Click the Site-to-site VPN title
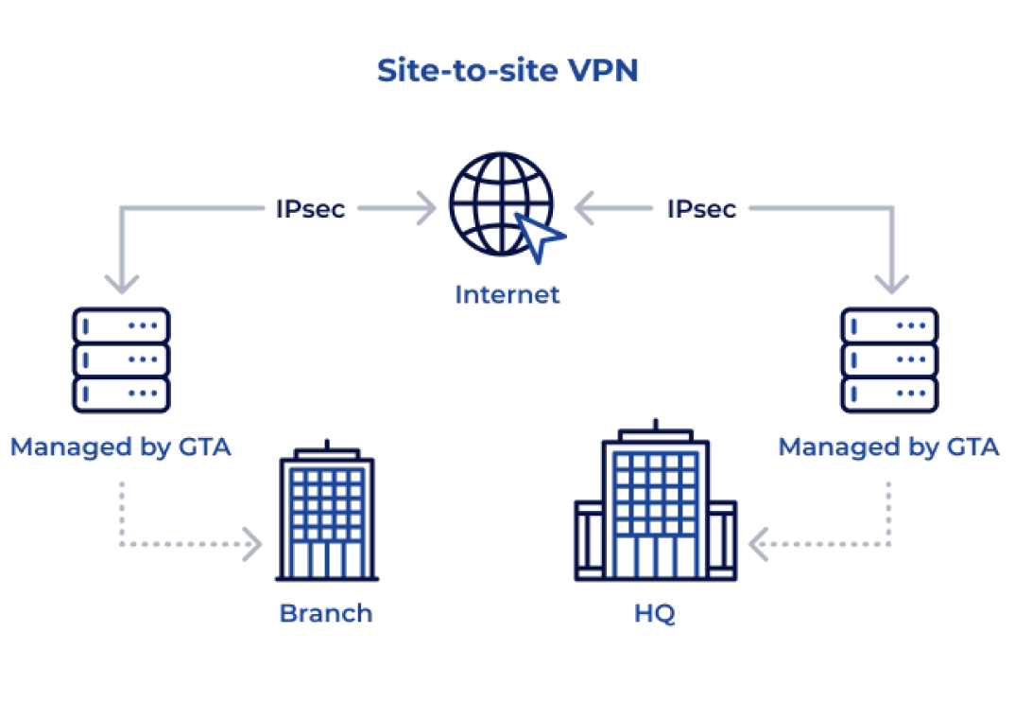coord(507,71)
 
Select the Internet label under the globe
coord(507,294)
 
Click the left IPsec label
coord(311,208)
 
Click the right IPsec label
coord(701,208)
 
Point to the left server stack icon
coord(121,359)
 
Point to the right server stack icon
coord(889,359)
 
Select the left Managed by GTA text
coord(121,447)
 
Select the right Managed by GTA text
coord(888,447)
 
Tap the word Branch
coord(326,613)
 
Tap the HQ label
coord(655,613)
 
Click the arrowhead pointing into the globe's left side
coord(427,208)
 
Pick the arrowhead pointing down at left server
coord(122,283)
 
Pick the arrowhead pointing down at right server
coord(891,283)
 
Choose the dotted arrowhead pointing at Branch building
coord(252,544)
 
